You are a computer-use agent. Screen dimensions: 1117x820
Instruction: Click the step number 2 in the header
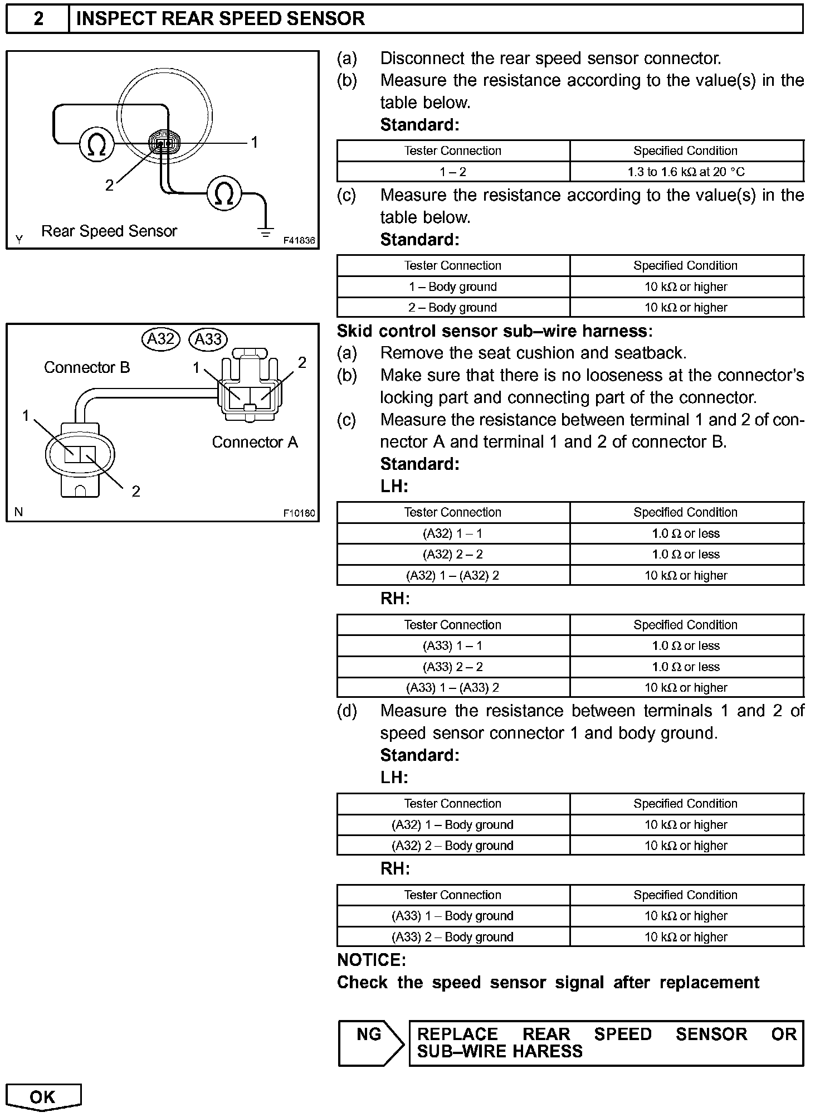[38, 19]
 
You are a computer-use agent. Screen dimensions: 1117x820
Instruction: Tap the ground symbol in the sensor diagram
[266, 232]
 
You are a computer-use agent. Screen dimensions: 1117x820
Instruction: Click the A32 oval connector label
[161, 338]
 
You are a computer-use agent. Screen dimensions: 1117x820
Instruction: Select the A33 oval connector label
[208, 339]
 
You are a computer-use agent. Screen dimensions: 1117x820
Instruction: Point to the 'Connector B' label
[87, 368]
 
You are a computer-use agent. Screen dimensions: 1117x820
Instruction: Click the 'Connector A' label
[255, 443]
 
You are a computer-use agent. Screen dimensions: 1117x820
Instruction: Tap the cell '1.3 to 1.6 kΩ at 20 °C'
[686, 172]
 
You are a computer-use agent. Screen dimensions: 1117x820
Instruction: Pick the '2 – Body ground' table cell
[452, 308]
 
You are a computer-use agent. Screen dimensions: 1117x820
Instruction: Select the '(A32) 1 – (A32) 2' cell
[452, 576]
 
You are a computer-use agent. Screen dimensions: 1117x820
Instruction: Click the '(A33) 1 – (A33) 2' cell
[452, 688]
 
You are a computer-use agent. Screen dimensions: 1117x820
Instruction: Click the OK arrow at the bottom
[43, 1097]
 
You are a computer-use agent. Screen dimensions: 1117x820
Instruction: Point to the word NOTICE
[372, 960]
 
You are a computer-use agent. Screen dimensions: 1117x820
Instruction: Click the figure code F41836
[299, 241]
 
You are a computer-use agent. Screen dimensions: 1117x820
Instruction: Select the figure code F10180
[299, 513]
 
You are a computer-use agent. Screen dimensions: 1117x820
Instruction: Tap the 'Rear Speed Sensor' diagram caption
[109, 231]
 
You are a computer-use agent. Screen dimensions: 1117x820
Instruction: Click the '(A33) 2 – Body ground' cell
[452, 937]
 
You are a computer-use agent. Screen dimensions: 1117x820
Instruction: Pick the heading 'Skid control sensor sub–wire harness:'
[495, 331]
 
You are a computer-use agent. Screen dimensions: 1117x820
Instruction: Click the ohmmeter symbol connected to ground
[224, 193]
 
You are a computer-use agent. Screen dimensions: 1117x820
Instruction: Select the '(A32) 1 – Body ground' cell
[452, 825]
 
